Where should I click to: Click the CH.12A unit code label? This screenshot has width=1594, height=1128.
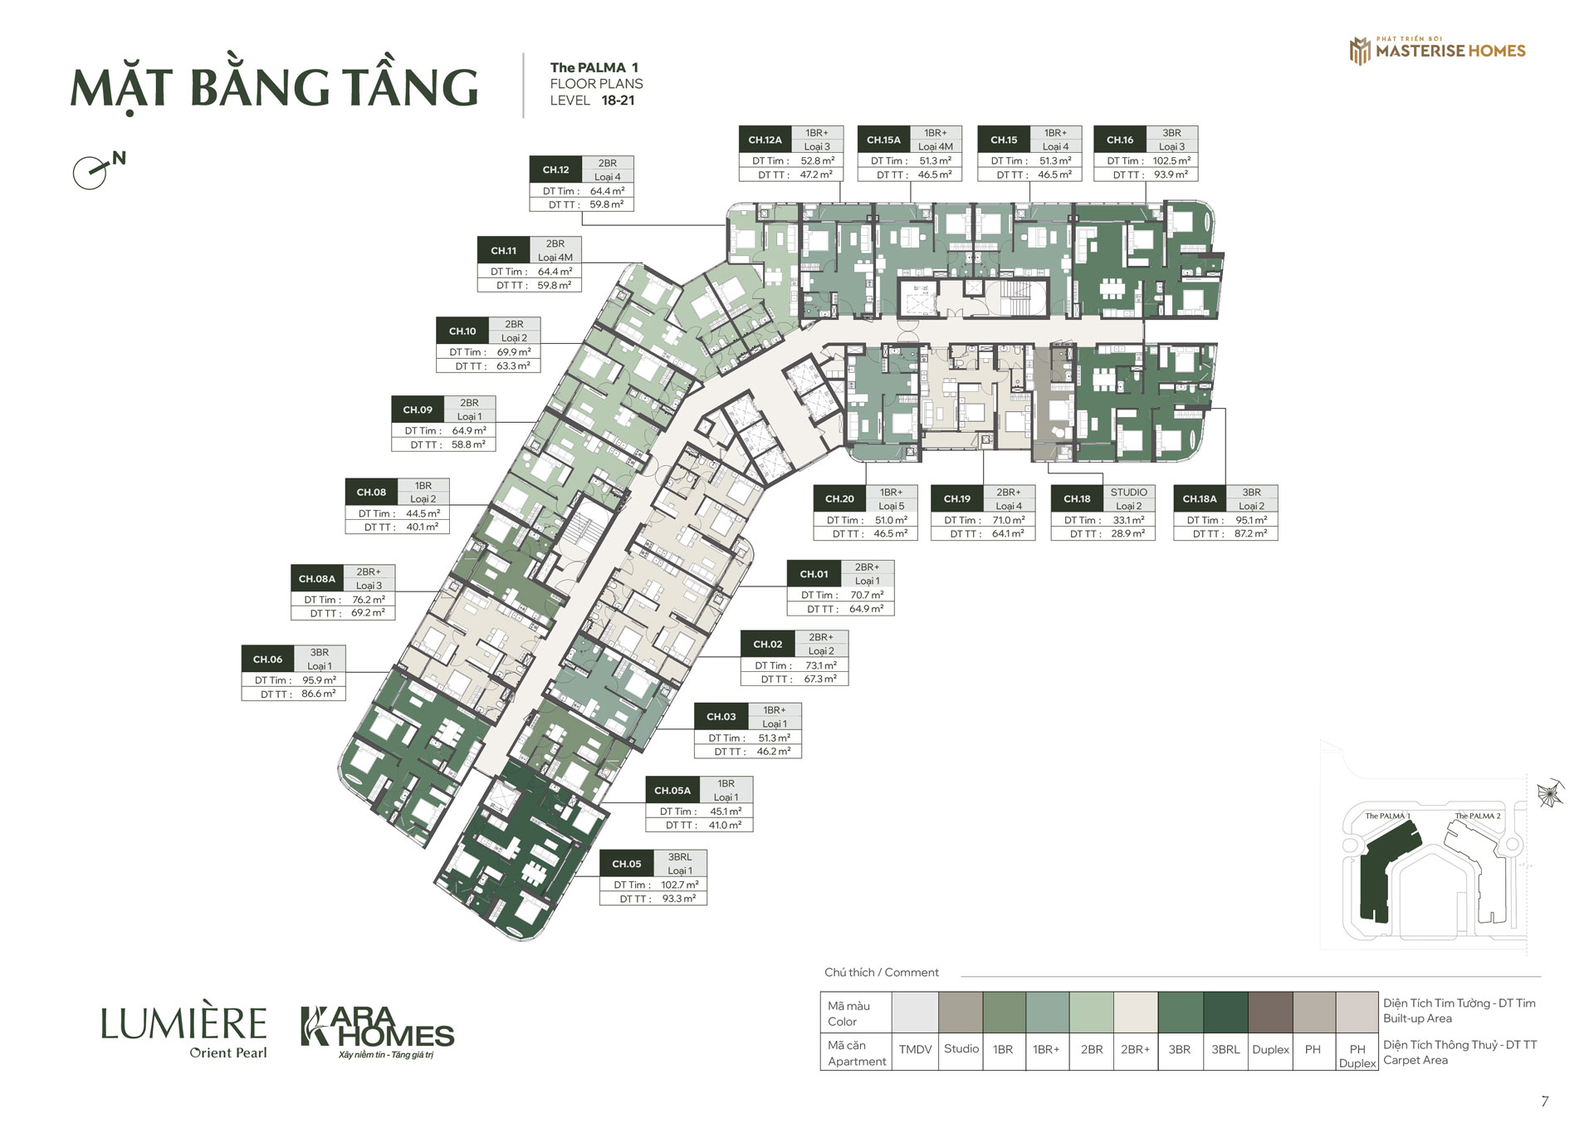pyautogui.click(x=765, y=140)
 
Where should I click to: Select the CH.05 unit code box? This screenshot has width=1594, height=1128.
pyautogui.click(x=627, y=864)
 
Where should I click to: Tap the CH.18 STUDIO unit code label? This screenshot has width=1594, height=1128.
pyautogui.click(x=1077, y=498)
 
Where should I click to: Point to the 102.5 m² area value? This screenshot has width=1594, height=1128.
pyautogui.click(x=1171, y=161)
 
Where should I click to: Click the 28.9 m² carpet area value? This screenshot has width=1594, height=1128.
pyautogui.click(x=1127, y=534)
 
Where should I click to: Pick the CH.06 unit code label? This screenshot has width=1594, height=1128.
pyautogui.click(x=267, y=660)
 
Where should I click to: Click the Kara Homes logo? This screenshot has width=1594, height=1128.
pyautogui.click(x=377, y=1032)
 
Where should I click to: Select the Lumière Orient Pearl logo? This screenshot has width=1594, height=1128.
pyautogui.click(x=183, y=1032)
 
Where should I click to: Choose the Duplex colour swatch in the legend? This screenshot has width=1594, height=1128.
pyautogui.click(x=1270, y=1013)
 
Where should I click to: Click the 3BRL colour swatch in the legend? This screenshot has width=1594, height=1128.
pyautogui.click(x=1225, y=1013)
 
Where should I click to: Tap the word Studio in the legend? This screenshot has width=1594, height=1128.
pyautogui.click(x=961, y=1049)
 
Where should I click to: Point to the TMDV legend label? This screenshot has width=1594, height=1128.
pyautogui.click(x=915, y=1050)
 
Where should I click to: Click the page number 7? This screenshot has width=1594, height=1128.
pyautogui.click(x=1544, y=1101)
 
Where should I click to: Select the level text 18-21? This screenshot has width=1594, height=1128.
pyautogui.click(x=618, y=101)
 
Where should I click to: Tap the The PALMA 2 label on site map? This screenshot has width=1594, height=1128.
pyautogui.click(x=1478, y=816)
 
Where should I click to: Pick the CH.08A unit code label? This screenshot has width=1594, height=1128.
pyautogui.click(x=317, y=579)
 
